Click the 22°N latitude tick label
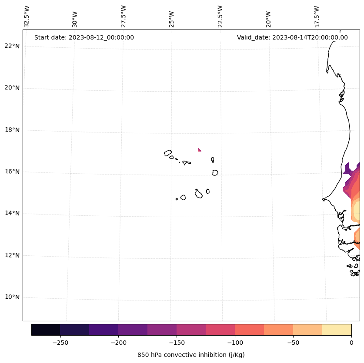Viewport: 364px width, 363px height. tap(11, 46)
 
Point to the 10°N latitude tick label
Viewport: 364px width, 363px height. tap(11, 297)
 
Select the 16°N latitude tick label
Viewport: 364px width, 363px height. tap(11, 172)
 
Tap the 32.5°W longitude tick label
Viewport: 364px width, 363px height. tap(27, 16)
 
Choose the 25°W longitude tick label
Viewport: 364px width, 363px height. tap(172, 19)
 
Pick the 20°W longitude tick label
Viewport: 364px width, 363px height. tap(268, 19)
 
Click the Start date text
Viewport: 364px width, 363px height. tap(84, 37)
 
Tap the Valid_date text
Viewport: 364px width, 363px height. tap(292, 37)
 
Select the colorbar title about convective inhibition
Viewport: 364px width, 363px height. tap(191, 355)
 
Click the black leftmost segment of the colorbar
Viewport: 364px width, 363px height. tap(46, 330)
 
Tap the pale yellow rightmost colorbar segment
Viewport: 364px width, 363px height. tap(337, 330)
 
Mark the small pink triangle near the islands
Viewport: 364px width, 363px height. tap(199, 150)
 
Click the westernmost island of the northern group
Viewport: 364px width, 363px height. tap(168, 153)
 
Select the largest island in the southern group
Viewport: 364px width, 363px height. tap(199, 194)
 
